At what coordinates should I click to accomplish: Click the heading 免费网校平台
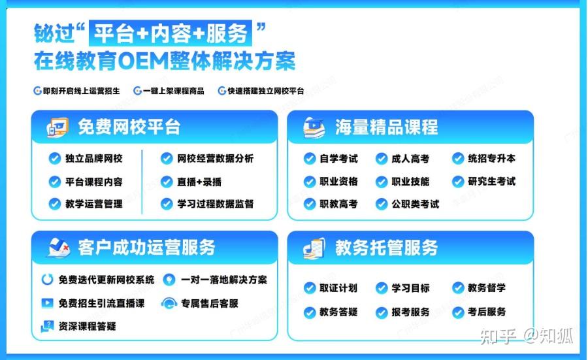pyautogui.click(x=129, y=127)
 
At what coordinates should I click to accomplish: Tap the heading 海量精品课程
pyautogui.click(x=386, y=127)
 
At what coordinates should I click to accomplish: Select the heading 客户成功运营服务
pyautogui.click(x=146, y=248)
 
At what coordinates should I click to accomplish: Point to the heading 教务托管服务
pyautogui.click(x=386, y=248)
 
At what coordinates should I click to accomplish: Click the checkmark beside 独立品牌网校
pyautogui.click(x=55, y=158)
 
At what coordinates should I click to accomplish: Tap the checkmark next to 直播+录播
pyautogui.click(x=167, y=182)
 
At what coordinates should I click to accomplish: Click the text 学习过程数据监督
pyautogui.click(x=215, y=204)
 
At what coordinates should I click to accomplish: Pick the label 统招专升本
pyautogui.click(x=491, y=159)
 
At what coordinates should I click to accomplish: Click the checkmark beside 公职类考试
pyautogui.click(x=382, y=204)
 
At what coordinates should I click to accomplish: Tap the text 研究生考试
pyautogui.click(x=491, y=182)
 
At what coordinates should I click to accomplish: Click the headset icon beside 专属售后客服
pyautogui.click(x=169, y=303)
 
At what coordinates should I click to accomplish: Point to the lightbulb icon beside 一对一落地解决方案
pyautogui.click(x=169, y=280)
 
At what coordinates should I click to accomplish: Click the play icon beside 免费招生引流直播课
pyautogui.click(x=47, y=303)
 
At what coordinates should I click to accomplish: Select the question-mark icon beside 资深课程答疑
pyautogui.click(x=47, y=326)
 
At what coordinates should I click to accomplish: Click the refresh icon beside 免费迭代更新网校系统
pyautogui.click(x=47, y=280)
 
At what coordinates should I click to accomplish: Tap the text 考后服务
pyautogui.click(x=486, y=312)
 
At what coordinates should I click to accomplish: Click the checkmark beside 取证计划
pyautogui.click(x=310, y=288)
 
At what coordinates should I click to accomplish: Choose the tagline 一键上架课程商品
pyautogui.click(x=174, y=91)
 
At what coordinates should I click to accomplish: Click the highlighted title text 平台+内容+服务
pyautogui.click(x=171, y=33)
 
